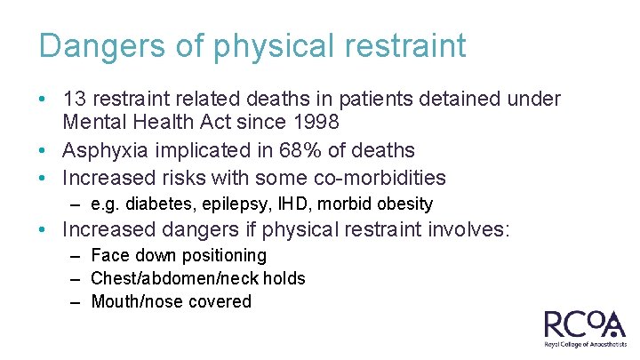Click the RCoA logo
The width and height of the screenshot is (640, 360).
(584, 324)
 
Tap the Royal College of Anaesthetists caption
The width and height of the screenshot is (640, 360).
(584, 344)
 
